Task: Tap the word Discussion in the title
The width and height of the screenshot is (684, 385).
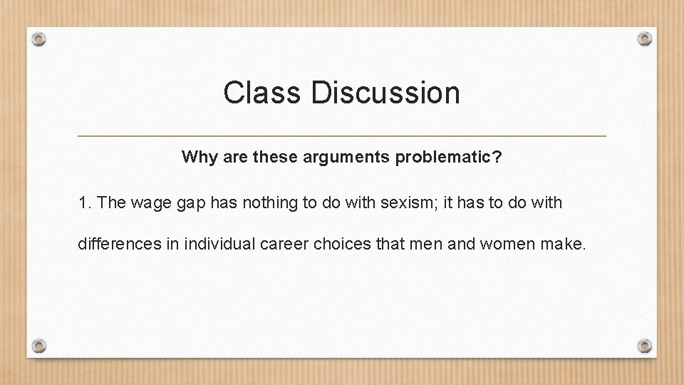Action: coord(385,93)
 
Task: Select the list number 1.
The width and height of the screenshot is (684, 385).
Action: coord(84,203)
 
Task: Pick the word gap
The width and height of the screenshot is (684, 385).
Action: coord(188,203)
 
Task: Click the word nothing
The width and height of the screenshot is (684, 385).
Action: coord(267,203)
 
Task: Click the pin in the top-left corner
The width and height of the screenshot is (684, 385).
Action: coord(40,38)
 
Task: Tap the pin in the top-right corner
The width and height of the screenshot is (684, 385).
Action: coord(644,38)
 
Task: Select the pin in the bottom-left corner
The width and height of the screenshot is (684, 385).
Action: coord(40,346)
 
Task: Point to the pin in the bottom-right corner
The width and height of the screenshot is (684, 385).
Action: coord(644,346)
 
